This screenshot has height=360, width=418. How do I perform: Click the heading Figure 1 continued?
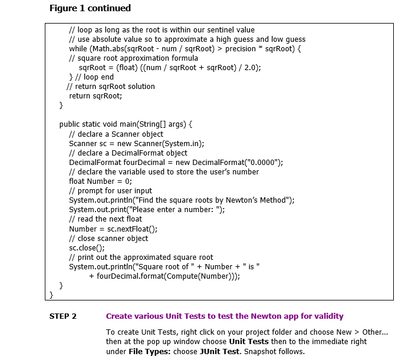coord(90,8)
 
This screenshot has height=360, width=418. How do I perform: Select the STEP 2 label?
coord(63,316)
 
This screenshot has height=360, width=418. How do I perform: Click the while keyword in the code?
coord(78,49)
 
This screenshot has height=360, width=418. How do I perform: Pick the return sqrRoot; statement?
coord(96,96)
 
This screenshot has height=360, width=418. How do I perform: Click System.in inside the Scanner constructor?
coord(185,143)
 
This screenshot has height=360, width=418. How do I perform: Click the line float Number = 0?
coord(100,181)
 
